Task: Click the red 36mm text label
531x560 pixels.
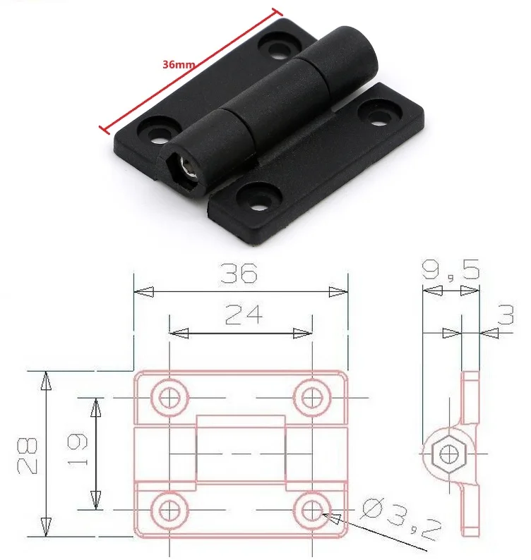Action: (178, 63)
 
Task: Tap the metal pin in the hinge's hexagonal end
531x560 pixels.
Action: (188, 166)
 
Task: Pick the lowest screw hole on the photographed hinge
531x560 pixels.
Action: (258, 194)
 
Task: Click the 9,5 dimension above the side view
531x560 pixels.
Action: (449, 269)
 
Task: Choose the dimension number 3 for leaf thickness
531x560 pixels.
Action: (506, 314)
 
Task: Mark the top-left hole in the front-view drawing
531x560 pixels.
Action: (169, 398)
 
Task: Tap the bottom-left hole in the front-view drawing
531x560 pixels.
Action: (169, 509)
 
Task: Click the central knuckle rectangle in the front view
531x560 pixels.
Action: (241, 453)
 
